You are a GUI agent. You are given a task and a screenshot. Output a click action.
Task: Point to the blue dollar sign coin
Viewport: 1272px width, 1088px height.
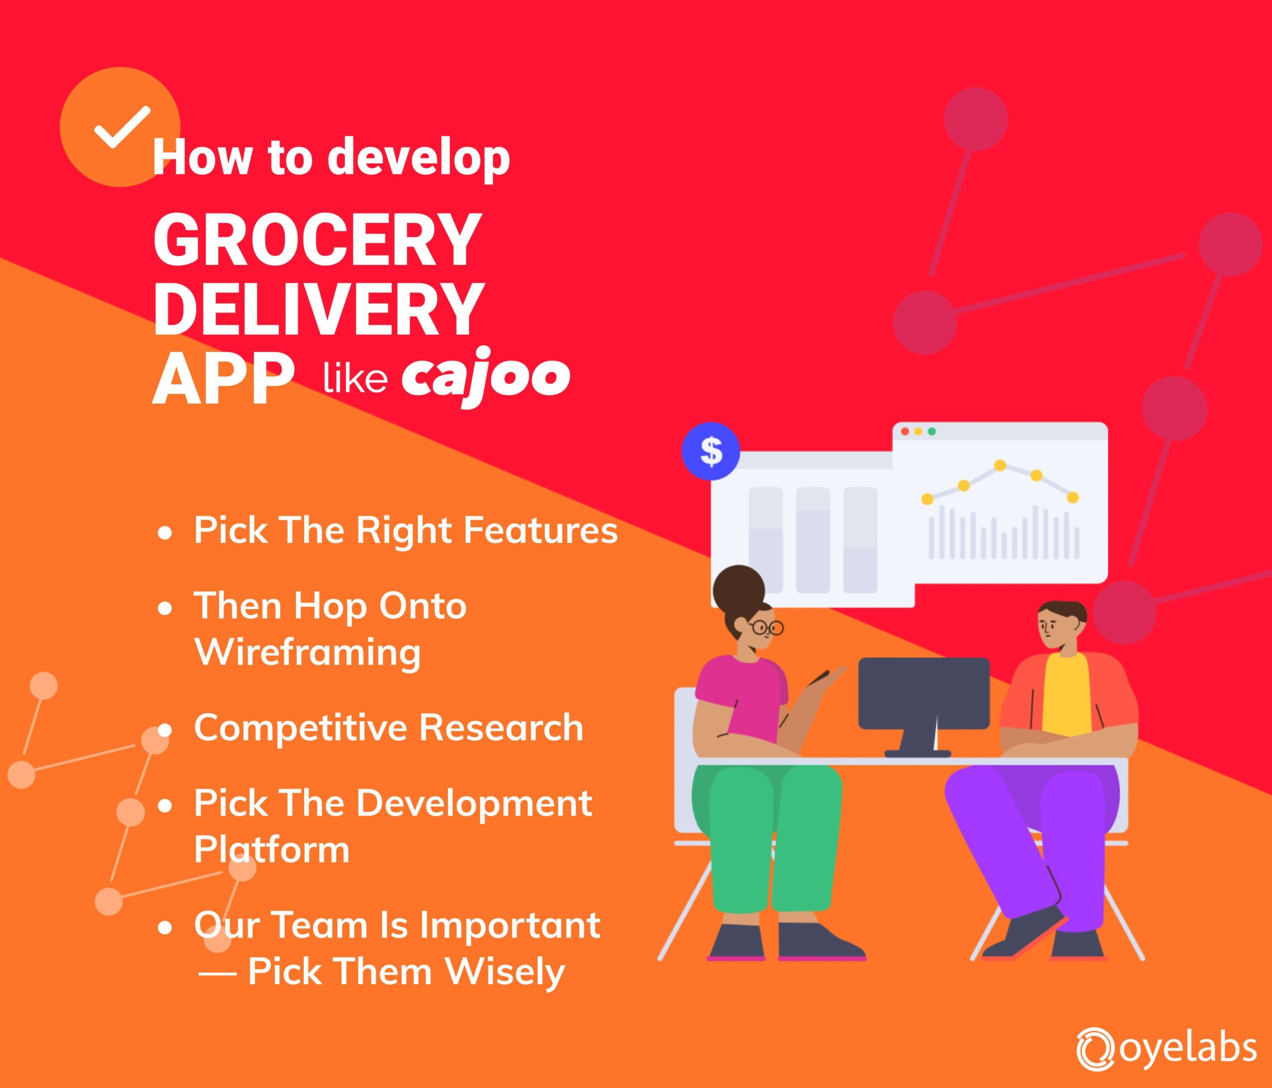711,451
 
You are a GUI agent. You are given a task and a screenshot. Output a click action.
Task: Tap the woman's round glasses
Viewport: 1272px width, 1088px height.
766,627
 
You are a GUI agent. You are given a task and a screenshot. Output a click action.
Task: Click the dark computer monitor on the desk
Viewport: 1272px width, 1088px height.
923,694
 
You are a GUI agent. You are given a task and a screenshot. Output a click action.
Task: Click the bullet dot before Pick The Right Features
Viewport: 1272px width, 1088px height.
164,533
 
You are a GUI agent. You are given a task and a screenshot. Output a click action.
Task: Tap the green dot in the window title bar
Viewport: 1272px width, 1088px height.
931,431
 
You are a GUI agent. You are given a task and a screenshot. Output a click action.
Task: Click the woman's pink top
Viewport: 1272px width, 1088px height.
737,687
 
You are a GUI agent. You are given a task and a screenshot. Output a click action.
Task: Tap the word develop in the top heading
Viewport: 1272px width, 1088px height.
419,157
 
